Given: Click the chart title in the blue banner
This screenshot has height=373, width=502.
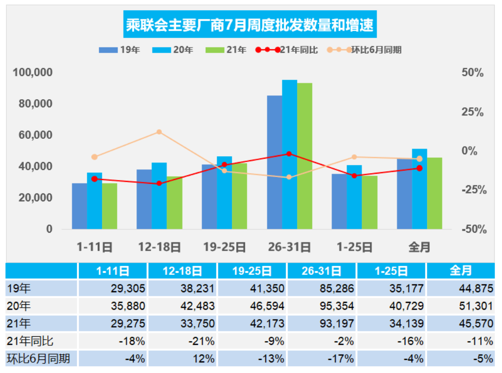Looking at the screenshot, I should (x=250, y=25).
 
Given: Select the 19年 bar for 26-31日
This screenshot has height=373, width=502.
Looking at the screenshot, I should (x=274, y=162).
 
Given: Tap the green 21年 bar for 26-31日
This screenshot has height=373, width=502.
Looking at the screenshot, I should (x=304, y=156).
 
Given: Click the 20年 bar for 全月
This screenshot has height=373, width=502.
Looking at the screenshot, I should (x=419, y=189).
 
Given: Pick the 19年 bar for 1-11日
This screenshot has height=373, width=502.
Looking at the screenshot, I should (x=79, y=206).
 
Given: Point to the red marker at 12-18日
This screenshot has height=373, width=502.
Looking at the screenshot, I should (x=159, y=183).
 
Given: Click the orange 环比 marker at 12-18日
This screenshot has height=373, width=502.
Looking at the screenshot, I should (x=159, y=132).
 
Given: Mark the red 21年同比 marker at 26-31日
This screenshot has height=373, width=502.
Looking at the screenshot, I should (x=289, y=154).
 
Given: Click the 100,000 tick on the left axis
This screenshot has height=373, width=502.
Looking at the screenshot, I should (x=33, y=73).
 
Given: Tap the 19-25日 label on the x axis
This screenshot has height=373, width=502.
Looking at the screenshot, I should (x=224, y=248).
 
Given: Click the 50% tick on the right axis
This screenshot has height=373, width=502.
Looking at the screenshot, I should (x=473, y=73).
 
